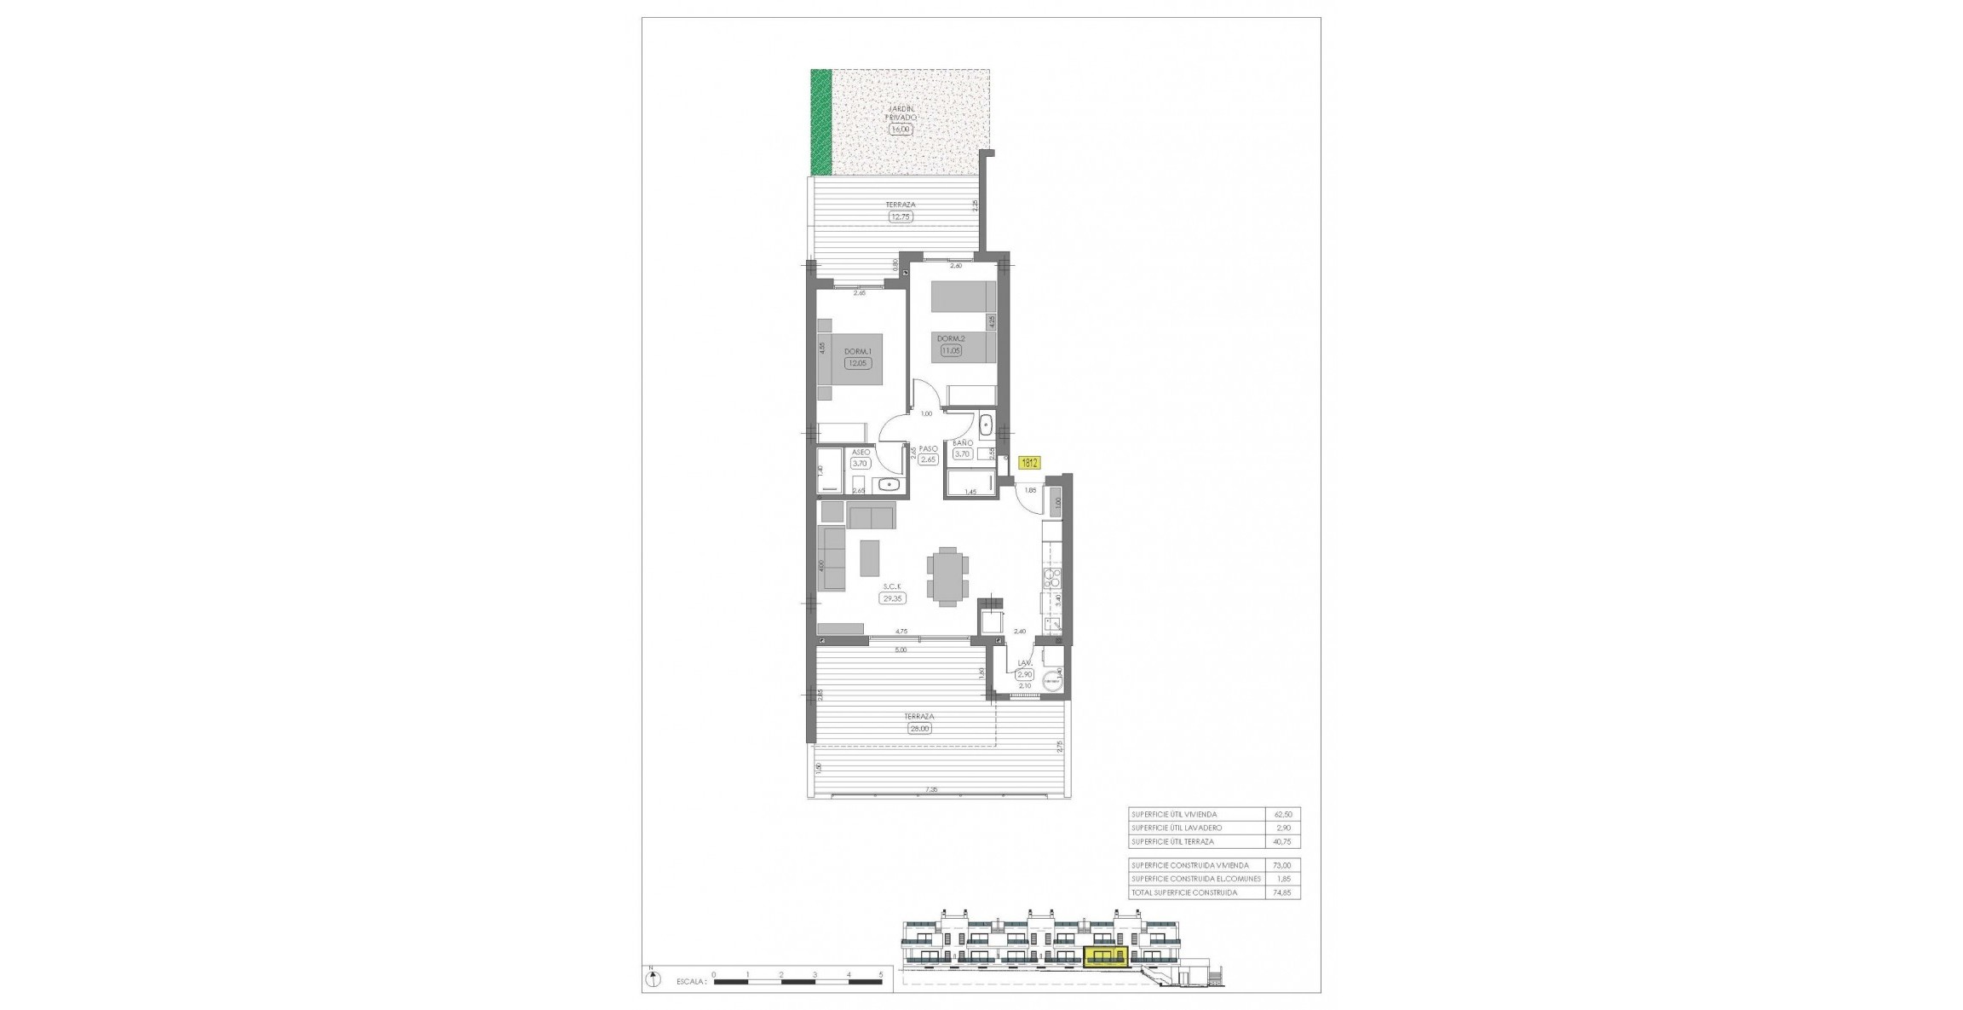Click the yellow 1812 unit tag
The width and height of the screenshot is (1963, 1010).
click(x=1029, y=464)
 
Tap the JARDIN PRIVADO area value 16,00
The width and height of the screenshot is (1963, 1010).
click(x=900, y=130)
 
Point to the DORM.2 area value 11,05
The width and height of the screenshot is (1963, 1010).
click(x=951, y=350)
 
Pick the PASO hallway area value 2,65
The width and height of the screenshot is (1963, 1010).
click(x=928, y=460)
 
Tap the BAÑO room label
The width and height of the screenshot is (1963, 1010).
click(x=963, y=444)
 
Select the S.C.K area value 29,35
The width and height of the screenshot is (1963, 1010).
click(x=893, y=598)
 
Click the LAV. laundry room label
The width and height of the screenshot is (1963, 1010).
click(x=1025, y=662)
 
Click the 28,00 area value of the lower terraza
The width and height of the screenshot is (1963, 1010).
click(x=919, y=729)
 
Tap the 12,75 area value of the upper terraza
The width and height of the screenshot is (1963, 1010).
click(x=901, y=216)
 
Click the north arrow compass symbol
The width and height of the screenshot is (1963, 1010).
click(x=653, y=979)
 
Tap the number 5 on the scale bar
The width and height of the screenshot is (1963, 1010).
click(x=881, y=973)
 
